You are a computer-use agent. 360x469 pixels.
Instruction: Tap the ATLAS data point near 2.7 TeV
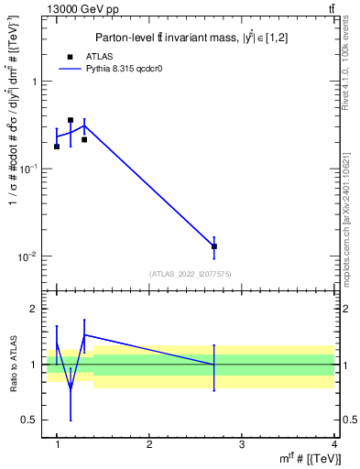(214, 246)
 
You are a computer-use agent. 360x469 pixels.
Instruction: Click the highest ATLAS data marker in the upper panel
(71, 120)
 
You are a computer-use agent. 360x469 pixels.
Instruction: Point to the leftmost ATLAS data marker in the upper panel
(57, 147)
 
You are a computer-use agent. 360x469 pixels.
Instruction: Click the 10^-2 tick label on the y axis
(27, 256)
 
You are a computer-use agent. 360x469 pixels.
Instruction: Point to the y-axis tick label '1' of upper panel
(34, 82)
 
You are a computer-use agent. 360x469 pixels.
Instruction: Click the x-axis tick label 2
(149, 445)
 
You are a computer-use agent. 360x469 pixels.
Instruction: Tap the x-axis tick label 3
(242, 445)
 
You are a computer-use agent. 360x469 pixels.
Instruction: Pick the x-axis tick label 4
(333, 445)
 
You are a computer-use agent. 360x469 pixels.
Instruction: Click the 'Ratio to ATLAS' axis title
(13, 365)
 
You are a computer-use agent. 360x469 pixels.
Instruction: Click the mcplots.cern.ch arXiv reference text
(351, 211)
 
